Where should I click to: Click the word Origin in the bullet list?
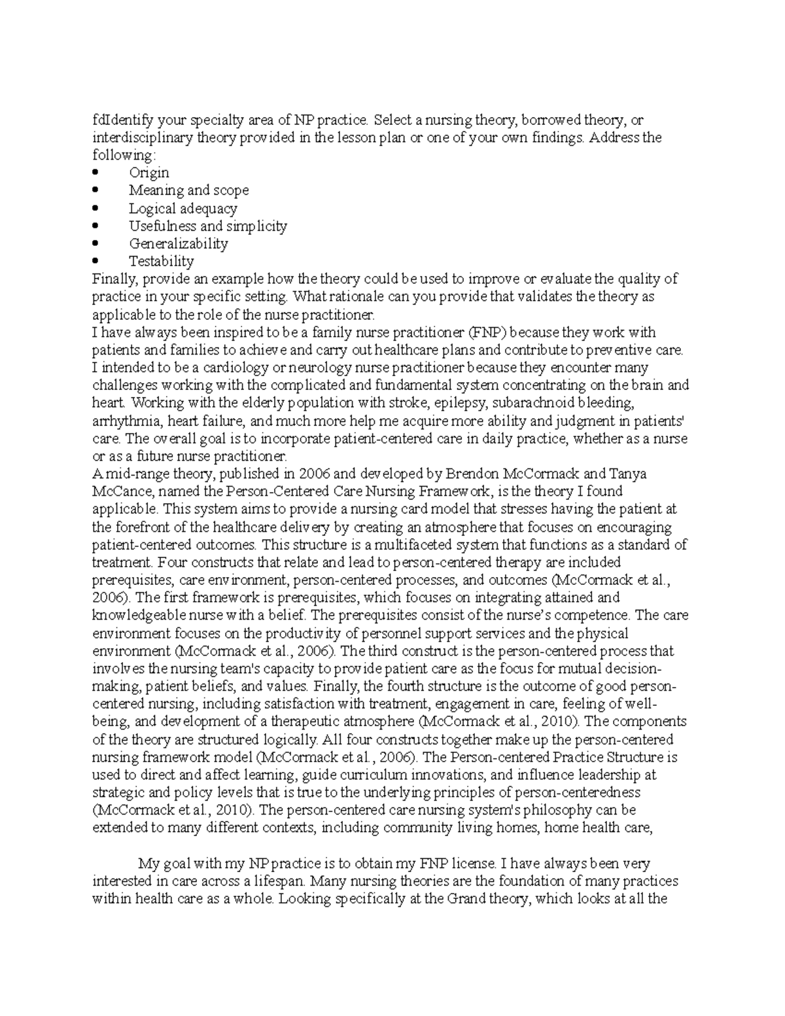[x=148, y=173]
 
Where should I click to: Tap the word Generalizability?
[x=178, y=243]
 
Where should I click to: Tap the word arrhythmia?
[x=121, y=421]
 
